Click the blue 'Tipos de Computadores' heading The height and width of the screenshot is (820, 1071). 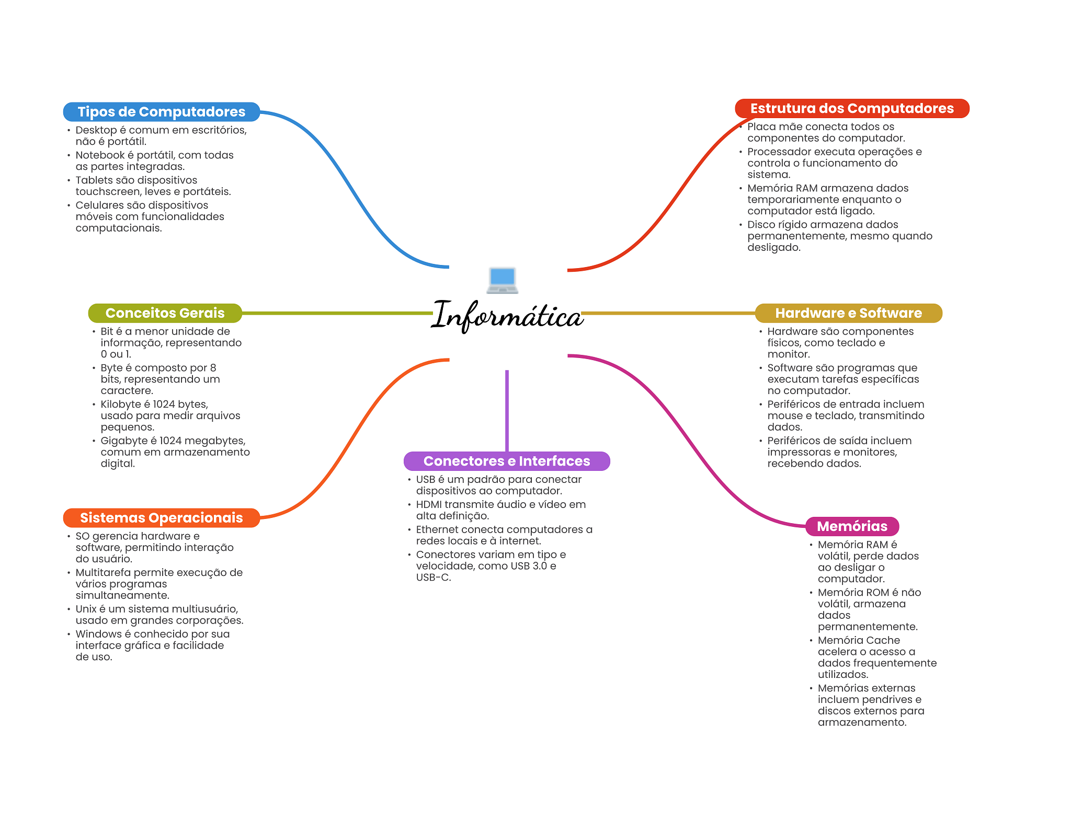(x=161, y=112)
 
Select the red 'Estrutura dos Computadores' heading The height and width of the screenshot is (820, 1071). (x=851, y=108)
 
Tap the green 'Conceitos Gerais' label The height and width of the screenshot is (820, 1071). (x=165, y=313)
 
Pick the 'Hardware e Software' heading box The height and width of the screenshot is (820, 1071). (x=848, y=313)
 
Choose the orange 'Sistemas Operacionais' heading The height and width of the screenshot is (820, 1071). (x=161, y=518)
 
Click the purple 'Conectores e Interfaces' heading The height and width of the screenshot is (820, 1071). (x=506, y=461)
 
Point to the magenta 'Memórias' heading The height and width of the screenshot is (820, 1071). (x=852, y=526)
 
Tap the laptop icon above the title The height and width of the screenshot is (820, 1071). (x=502, y=280)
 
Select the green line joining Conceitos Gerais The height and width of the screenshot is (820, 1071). (x=337, y=313)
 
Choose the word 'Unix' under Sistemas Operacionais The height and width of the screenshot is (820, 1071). (x=86, y=609)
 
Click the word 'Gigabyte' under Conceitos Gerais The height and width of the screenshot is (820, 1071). (x=124, y=441)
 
